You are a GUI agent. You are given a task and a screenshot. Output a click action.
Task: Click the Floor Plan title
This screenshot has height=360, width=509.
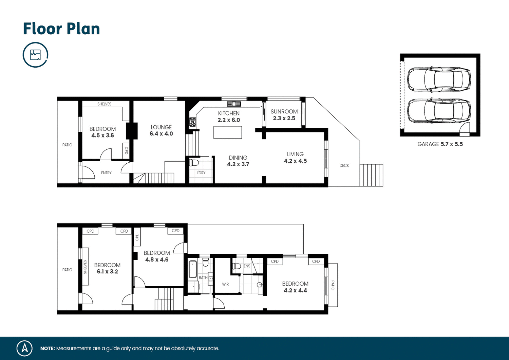tap(61, 29)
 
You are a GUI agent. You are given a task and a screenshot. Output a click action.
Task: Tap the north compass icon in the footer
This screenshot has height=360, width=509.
tap(24, 348)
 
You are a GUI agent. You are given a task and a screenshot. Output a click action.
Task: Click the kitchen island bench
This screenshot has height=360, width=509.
tap(227, 132)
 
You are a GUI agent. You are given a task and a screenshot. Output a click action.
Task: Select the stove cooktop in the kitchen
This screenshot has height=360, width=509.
tap(193, 122)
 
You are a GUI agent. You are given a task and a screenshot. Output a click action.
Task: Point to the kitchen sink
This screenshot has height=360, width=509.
tap(234, 104)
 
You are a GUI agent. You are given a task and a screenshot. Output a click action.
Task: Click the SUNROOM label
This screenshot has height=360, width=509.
tap(284, 111)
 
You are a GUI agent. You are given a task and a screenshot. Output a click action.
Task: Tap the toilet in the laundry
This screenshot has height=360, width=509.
tap(194, 162)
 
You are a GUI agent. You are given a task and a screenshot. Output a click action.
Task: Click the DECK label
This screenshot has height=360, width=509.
tap(344, 165)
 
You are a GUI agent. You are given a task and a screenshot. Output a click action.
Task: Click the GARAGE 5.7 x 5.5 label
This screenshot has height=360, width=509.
tap(440, 144)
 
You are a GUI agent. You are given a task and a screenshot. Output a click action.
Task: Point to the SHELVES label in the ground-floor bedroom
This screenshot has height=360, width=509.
tap(104, 104)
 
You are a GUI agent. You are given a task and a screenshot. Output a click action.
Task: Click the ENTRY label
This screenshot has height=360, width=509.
tap(106, 173)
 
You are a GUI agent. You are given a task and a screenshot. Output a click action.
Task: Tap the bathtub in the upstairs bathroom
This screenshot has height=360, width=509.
tap(193, 269)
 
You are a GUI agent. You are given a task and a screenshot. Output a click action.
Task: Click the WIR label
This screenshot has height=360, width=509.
tap(225, 284)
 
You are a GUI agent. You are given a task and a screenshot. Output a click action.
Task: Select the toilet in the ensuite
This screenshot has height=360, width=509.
tap(237, 266)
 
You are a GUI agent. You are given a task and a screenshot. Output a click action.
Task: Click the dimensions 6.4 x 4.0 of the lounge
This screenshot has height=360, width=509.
tap(161, 134)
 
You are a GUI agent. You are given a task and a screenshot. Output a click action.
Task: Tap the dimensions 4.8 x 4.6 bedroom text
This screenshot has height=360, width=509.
tap(157, 259)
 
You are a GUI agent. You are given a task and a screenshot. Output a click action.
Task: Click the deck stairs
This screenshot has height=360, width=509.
tap(371, 175)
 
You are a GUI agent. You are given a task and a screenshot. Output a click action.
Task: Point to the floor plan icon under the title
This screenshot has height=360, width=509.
tap(35, 55)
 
